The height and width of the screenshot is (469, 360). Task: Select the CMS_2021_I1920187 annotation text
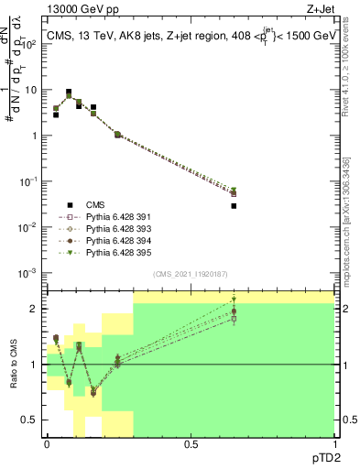click(190, 274)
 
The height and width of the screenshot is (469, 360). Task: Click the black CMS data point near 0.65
click(234, 206)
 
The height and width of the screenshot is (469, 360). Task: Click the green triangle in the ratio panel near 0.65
click(234, 300)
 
